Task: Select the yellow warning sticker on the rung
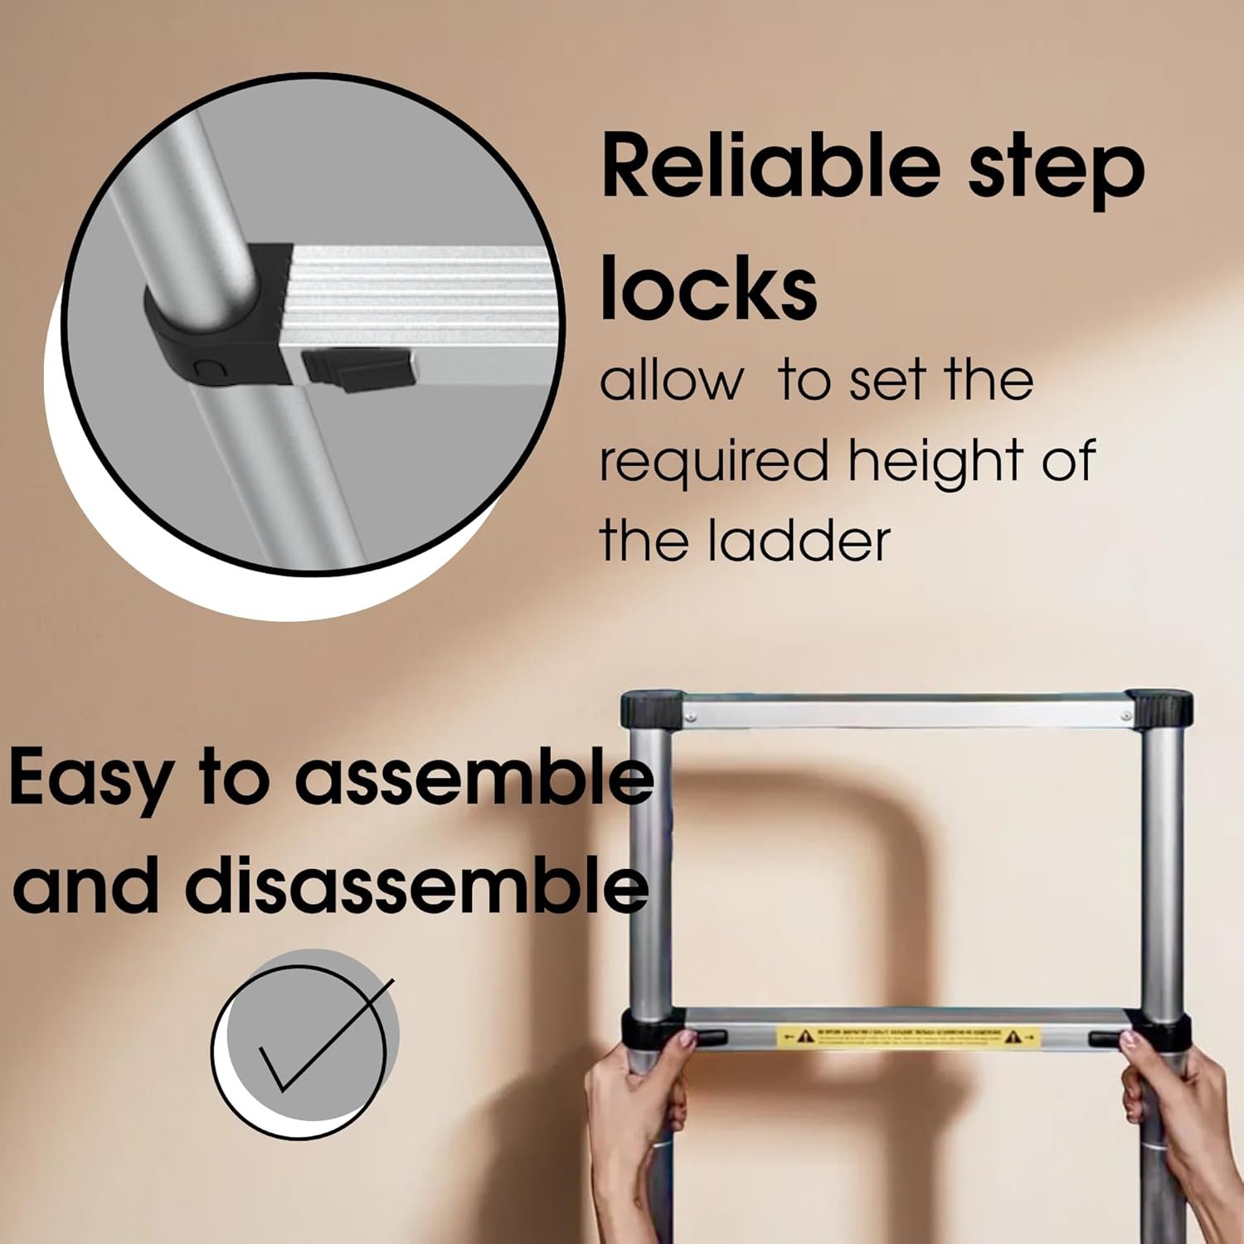[x=908, y=1037]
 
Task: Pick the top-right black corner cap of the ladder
[x=1159, y=709]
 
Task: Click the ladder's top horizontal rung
[x=904, y=712]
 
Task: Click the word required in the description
[x=713, y=463]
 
